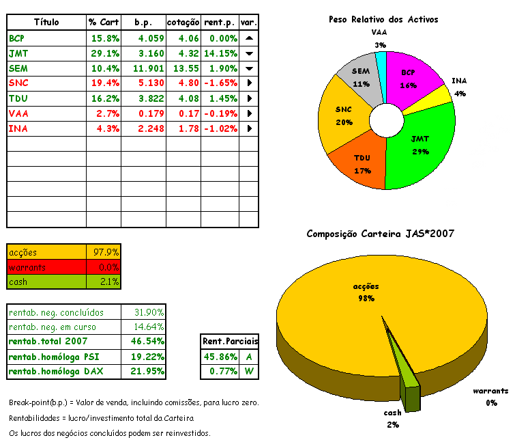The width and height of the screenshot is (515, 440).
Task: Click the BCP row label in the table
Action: pyautogui.click(x=16, y=38)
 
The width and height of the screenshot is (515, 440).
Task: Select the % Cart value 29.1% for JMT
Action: pyautogui.click(x=106, y=53)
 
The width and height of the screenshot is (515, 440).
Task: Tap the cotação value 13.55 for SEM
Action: pyautogui.click(x=185, y=68)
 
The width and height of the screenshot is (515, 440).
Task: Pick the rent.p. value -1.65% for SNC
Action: pyautogui.click(x=220, y=83)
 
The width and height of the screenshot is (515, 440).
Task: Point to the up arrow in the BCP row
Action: pyautogui.click(x=249, y=38)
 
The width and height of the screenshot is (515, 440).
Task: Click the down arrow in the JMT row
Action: pyautogui.click(x=249, y=53)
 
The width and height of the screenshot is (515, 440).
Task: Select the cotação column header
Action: pyautogui.click(x=183, y=23)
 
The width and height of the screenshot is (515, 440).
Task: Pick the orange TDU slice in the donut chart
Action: pyautogui.click(x=361, y=164)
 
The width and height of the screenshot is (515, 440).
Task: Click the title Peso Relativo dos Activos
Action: pyautogui.click(x=383, y=20)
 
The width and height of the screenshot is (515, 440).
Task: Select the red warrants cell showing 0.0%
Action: pyautogui.click(x=104, y=267)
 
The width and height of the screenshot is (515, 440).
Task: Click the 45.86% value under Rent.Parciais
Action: pyautogui.click(x=220, y=357)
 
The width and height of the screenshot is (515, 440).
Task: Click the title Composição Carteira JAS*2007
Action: pyautogui.click(x=381, y=234)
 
